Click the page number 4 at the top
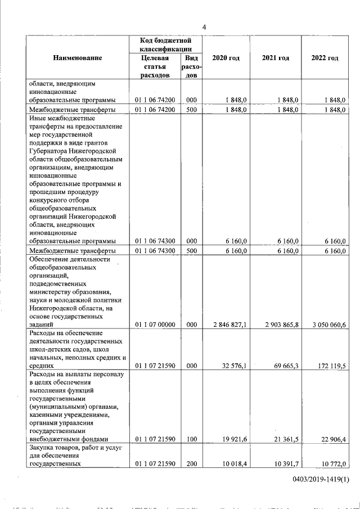point(205,27)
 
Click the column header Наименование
point(78,58)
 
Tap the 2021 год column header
point(276,58)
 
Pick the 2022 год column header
point(325,58)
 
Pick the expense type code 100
point(191,439)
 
